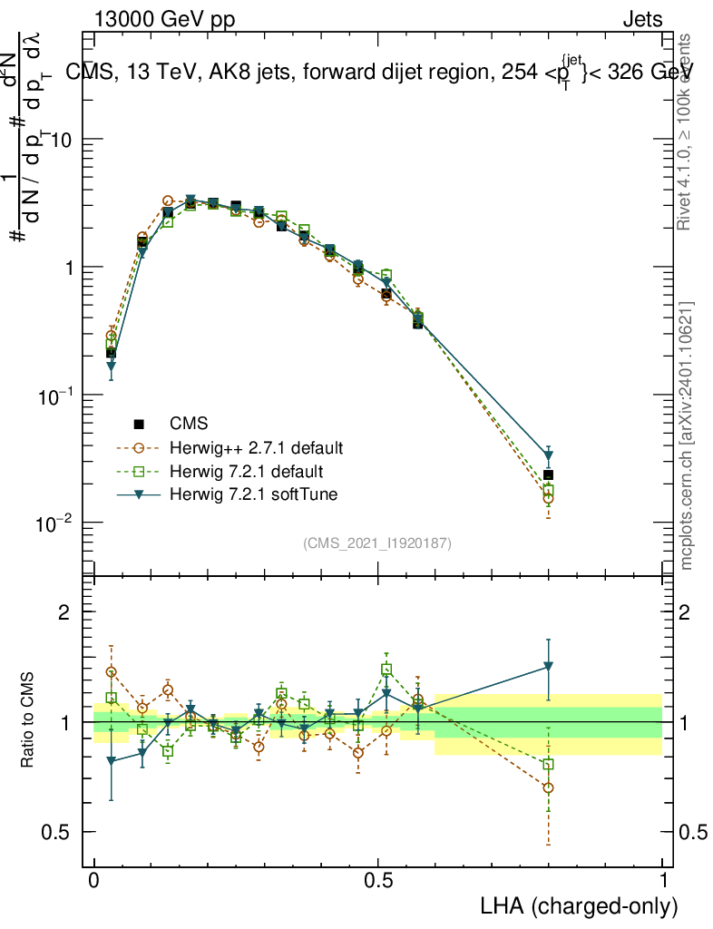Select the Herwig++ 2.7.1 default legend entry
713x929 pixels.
pyautogui.click(x=257, y=448)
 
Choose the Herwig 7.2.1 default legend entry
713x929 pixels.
pyautogui.click(x=247, y=472)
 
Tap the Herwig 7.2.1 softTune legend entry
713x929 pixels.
pyautogui.click(x=253, y=494)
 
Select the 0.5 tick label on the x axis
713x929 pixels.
pyautogui.click(x=378, y=881)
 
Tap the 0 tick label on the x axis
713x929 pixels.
pyautogui.click(x=93, y=881)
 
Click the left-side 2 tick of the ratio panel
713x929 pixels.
pyautogui.click(x=63, y=611)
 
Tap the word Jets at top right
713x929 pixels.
pyautogui.click(x=641, y=19)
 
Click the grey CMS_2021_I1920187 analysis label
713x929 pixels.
pyautogui.click(x=377, y=543)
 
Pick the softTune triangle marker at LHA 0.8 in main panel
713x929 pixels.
pyautogui.click(x=548, y=455)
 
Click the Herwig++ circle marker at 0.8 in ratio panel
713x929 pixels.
pyautogui.click(x=548, y=787)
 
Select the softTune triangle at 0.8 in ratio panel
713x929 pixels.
pyautogui.click(x=548, y=667)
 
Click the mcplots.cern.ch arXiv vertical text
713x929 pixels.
pyautogui.click(x=687, y=435)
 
